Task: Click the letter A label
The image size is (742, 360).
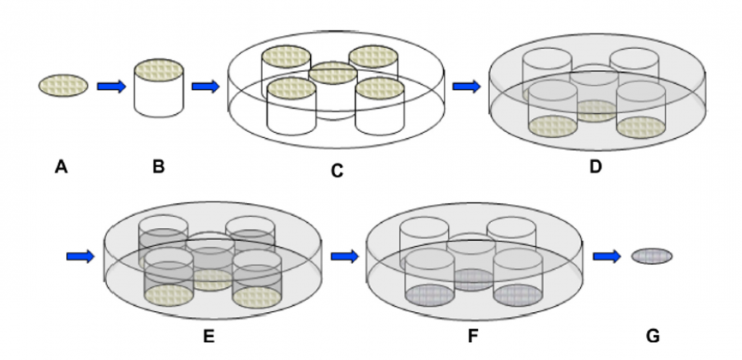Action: point(61,167)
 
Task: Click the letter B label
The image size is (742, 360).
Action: point(159,167)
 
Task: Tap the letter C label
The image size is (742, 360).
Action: point(337,171)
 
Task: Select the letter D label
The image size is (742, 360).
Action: point(595,167)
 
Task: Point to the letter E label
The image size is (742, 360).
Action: point(209,336)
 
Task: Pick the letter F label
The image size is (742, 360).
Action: point(473,336)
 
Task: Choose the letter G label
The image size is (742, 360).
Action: point(653,336)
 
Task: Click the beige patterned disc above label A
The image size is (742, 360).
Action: point(63,85)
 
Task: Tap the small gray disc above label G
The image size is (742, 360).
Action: point(652,256)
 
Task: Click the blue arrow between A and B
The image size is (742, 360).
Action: point(111,87)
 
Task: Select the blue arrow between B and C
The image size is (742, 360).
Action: point(206,87)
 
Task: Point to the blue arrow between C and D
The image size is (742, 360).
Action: point(467,87)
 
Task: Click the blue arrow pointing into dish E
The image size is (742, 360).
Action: point(81,256)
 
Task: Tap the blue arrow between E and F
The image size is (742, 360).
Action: point(345,256)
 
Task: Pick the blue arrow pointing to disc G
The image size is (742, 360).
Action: point(607,256)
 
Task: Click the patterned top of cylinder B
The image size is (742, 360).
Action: point(159,70)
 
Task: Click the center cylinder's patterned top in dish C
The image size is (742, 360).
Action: point(332,74)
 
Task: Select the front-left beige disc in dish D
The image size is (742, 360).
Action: point(553,127)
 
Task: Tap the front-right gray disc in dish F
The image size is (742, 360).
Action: point(518,296)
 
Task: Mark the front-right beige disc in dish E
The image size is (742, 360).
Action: point(257,297)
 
